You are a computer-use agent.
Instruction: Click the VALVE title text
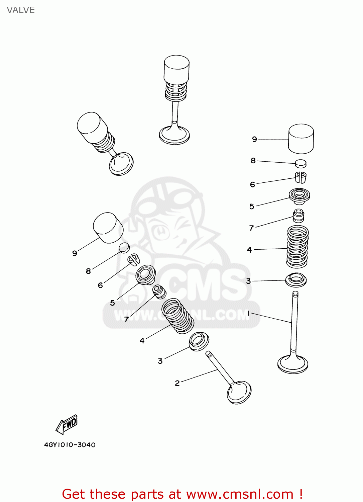(21, 10)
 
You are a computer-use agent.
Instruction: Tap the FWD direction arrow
(67, 424)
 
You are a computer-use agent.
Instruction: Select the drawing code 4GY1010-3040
(70, 445)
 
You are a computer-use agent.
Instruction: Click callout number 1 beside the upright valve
(248, 313)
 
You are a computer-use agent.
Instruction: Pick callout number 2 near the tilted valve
(177, 383)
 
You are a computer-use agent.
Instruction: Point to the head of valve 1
(293, 365)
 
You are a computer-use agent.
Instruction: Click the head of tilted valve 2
(239, 392)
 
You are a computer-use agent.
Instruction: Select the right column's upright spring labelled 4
(297, 247)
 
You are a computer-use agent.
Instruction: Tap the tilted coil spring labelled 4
(178, 316)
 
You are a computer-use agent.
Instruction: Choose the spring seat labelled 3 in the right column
(296, 280)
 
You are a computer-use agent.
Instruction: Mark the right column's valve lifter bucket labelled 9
(301, 139)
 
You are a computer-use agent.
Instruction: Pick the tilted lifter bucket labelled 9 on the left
(108, 228)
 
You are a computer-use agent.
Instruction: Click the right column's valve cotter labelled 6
(300, 177)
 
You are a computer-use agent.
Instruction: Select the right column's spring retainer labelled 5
(299, 196)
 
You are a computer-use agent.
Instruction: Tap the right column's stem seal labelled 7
(298, 216)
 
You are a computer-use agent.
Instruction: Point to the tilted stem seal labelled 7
(159, 291)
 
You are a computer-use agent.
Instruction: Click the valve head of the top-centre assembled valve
(174, 135)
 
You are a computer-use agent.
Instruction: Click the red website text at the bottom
(183, 494)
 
